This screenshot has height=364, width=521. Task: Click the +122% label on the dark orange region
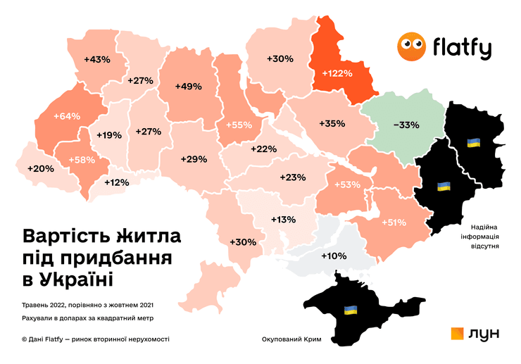coord(337,73)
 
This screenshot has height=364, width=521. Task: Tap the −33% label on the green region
coord(406,125)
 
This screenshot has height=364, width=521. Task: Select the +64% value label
coord(66,115)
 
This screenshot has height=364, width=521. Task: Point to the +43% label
coord(96,59)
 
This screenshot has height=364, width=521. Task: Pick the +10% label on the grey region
coord(334,256)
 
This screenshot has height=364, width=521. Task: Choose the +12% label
coord(117,182)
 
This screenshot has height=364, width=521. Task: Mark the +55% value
coord(239,125)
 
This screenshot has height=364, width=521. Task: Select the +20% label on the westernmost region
coord(40,168)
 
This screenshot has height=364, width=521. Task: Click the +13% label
coord(283,220)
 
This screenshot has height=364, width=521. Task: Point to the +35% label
coord(331,123)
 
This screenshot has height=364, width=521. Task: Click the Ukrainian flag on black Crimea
coord(350,310)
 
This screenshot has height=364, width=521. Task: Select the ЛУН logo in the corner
coord(475,334)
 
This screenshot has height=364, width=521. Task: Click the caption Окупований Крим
coord(291,339)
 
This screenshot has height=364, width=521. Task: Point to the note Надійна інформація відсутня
coord(482,237)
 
